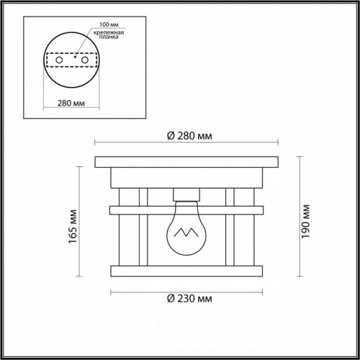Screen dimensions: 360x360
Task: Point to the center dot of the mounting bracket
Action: (71, 60)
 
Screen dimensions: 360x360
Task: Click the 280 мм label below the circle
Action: (71, 102)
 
